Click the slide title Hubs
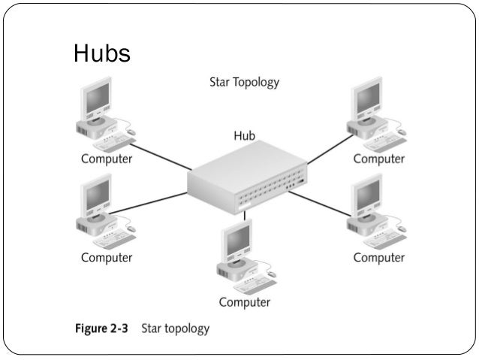102,53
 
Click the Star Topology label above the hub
244,82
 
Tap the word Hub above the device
244,136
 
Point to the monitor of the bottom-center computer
235,239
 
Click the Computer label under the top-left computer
107,159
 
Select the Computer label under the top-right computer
379,159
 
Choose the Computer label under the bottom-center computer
244,302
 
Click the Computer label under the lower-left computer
107,258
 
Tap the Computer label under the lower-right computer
379,258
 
